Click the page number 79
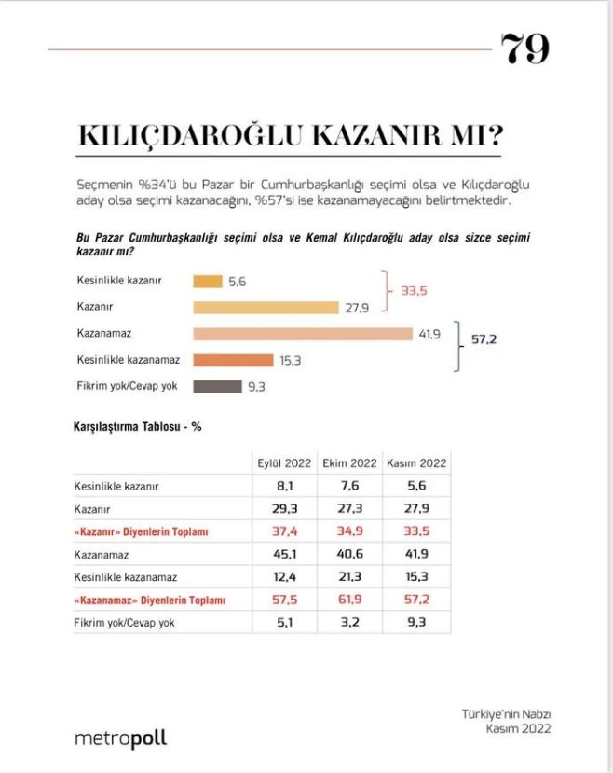(x=525, y=48)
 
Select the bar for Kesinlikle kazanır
(x=207, y=281)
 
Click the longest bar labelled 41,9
(x=302, y=333)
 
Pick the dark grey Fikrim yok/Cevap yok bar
(x=217, y=386)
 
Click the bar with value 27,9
(x=266, y=307)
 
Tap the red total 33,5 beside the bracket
(x=415, y=291)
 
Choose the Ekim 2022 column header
(x=349, y=462)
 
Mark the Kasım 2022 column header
(x=416, y=462)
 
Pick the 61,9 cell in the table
(x=349, y=600)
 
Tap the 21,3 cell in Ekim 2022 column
(x=349, y=577)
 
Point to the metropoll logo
(x=121, y=738)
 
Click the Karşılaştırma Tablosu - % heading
(x=138, y=427)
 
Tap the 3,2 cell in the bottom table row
(x=349, y=622)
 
